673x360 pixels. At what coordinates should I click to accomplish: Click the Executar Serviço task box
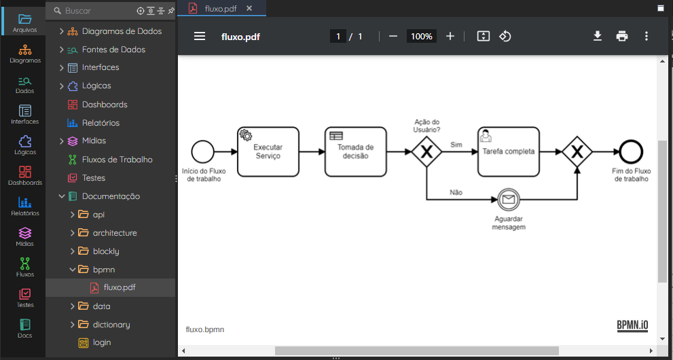click(268, 151)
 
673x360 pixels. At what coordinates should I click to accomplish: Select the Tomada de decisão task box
click(355, 151)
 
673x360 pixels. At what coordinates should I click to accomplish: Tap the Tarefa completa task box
click(508, 151)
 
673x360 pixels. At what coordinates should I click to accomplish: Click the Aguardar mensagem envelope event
click(509, 199)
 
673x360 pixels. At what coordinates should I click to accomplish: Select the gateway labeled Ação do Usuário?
click(426, 151)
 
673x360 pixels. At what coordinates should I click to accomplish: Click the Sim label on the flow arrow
click(456, 145)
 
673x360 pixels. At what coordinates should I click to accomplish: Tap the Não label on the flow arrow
click(456, 193)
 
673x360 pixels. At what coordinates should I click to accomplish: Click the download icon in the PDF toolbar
click(598, 36)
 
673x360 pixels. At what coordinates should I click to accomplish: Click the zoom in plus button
click(450, 36)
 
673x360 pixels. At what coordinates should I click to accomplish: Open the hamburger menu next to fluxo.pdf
click(200, 36)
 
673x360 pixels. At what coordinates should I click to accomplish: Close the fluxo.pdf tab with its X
click(249, 8)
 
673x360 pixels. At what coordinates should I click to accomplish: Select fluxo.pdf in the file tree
click(120, 287)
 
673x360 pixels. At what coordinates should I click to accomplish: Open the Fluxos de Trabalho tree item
click(117, 160)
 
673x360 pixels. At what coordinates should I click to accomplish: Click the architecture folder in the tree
click(115, 233)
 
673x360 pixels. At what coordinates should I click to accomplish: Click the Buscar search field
click(98, 11)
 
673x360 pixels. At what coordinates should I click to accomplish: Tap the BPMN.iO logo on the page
click(632, 325)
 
